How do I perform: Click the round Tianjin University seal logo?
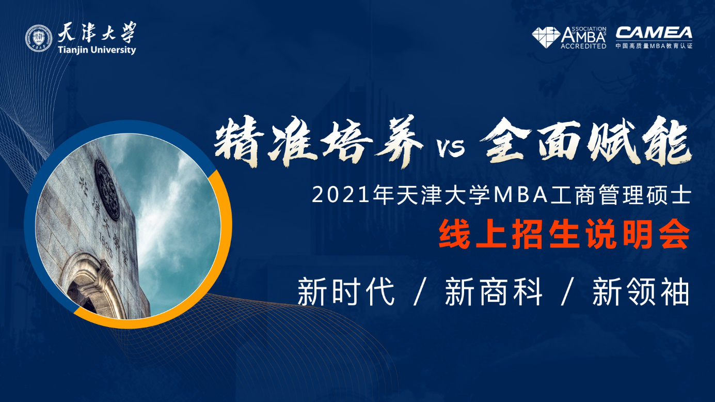coord(39,38)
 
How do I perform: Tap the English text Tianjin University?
coord(97,50)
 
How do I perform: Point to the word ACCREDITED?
coord(583,47)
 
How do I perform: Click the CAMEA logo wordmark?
coord(654,33)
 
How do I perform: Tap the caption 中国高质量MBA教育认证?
coord(654,46)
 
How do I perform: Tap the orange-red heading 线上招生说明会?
coord(564,235)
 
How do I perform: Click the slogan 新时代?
coord(346,291)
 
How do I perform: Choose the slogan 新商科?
coord(494,291)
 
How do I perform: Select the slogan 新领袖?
coord(641,291)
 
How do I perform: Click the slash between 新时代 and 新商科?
coord(420,291)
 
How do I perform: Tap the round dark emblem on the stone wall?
coord(107,190)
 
